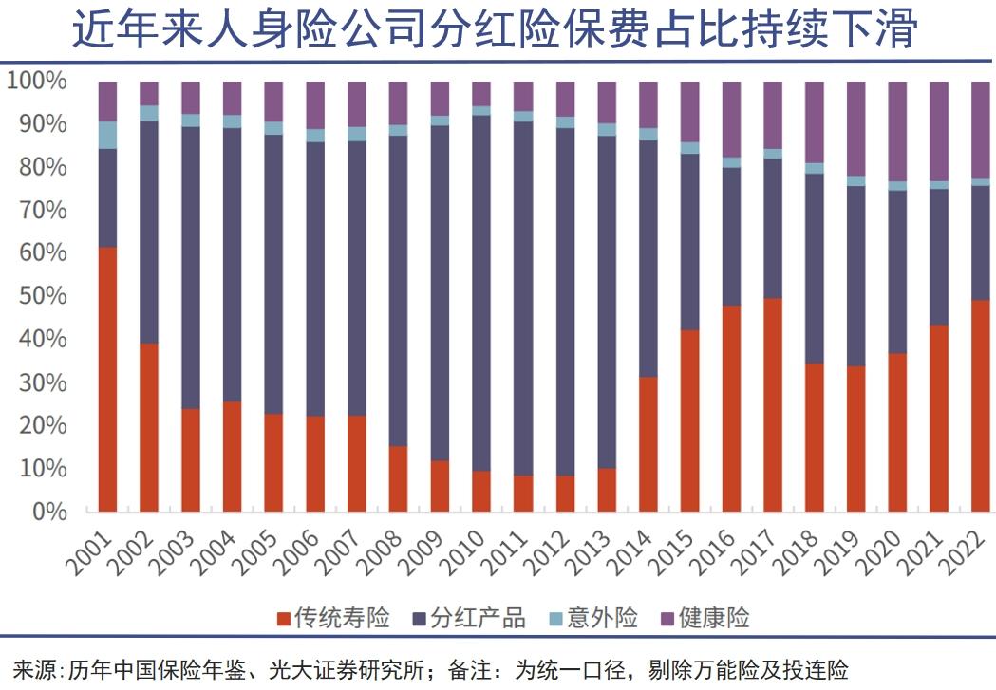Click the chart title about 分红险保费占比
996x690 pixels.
click(498, 30)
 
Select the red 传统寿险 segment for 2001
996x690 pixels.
click(107, 380)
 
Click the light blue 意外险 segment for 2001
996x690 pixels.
click(107, 135)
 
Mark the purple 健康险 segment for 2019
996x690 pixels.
click(855, 128)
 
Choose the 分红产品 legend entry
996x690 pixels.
click(475, 619)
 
